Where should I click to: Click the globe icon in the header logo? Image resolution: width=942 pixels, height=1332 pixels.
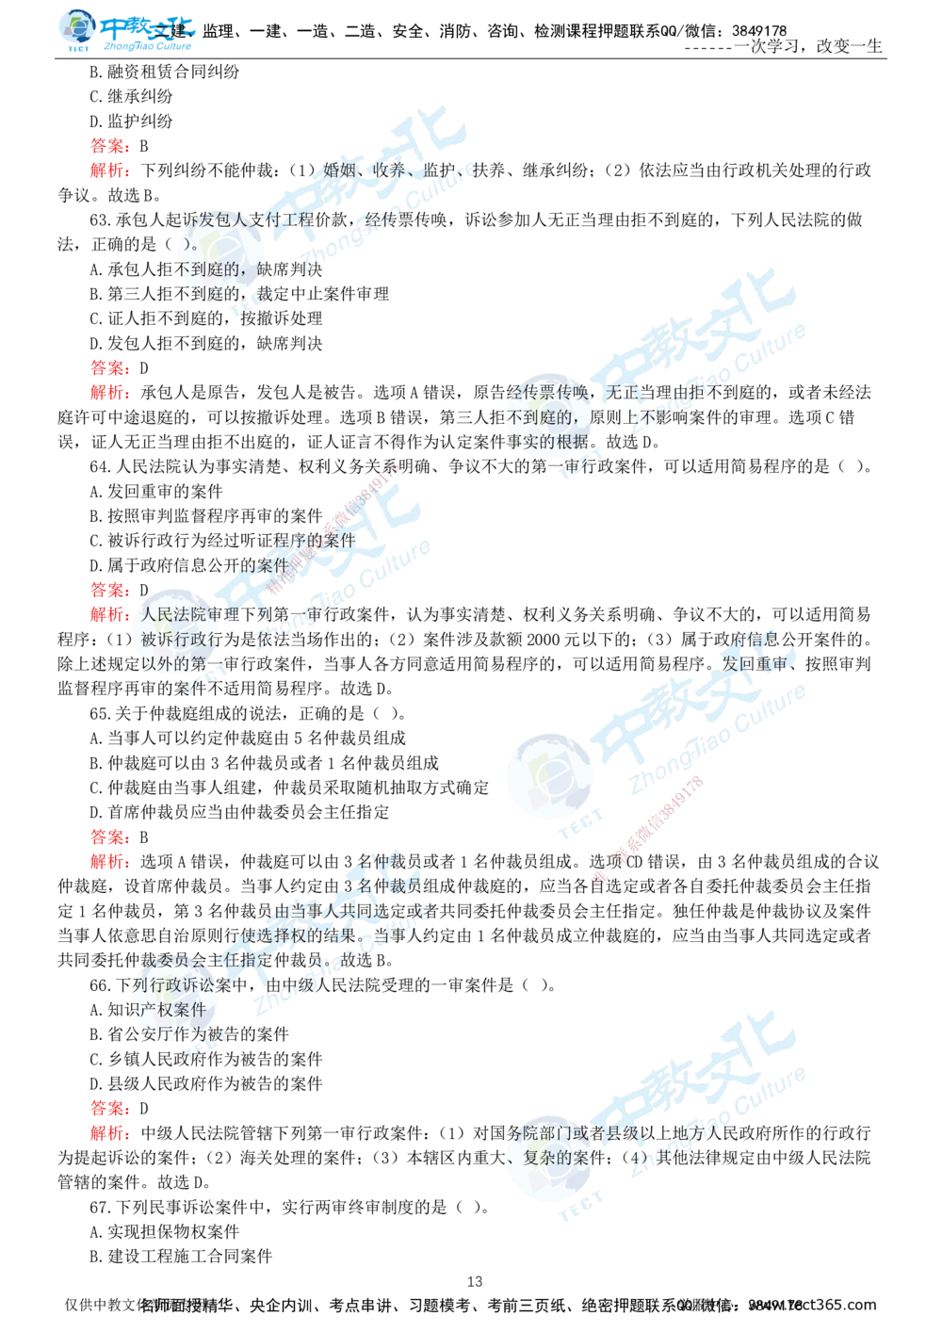click(x=73, y=28)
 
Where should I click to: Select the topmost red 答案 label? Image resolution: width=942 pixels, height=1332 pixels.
click(x=109, y=147)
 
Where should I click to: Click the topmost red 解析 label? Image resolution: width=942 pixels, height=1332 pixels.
click(x=109, y=171)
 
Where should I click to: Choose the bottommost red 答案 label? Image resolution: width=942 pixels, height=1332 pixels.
click(x=109, y=1108)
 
